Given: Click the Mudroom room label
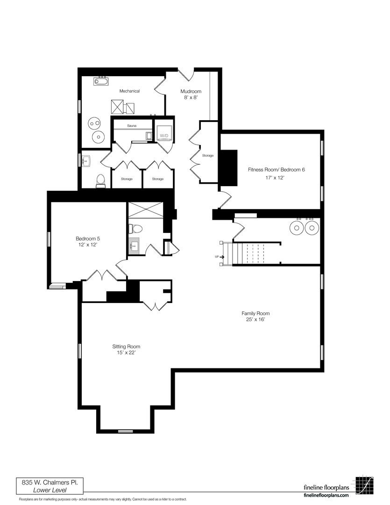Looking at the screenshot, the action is (x=191, y=91).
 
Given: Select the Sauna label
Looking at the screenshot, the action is (x=132, y=126).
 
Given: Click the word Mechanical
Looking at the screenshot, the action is (x=130, y=91).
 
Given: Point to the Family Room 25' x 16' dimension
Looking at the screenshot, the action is (x=255, y=319).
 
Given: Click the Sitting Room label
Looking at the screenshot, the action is (x=126, y=346).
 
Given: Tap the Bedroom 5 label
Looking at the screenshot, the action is (x=88, y=238).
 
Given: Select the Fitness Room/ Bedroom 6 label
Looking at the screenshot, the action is (x=276, y=169).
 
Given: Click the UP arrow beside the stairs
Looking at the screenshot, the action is (x=222, y=257).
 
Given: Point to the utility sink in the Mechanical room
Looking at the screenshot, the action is (x=101, y=81).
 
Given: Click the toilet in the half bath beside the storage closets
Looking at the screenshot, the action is (x=101, y=180).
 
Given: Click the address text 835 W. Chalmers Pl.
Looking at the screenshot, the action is (x=50, y=482).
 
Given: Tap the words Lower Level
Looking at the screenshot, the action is (x=50, y=490).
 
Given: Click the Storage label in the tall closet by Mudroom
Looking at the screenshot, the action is (x=208, y=156).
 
